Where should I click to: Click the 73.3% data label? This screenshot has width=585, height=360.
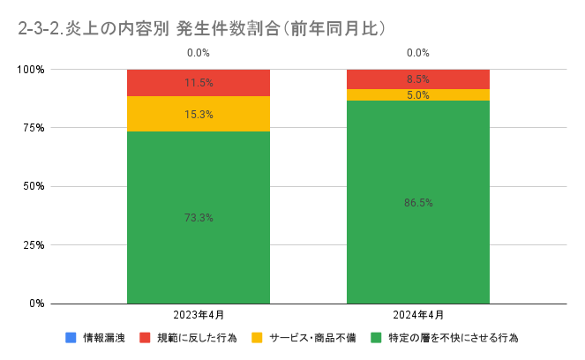point(198,217)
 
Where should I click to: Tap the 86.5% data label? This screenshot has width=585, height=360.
point(417,202)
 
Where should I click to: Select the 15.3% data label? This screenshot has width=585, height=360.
point(198,114)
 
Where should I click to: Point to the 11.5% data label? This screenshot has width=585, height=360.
point(198,83)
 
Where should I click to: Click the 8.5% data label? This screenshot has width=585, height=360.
point(417,79)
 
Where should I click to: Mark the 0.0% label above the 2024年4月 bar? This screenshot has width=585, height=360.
point(417,53)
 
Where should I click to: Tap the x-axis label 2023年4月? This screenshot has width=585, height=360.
point(198,315)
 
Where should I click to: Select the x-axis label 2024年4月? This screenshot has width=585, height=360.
point(417,315)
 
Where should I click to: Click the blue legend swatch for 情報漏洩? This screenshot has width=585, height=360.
point(71,337)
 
